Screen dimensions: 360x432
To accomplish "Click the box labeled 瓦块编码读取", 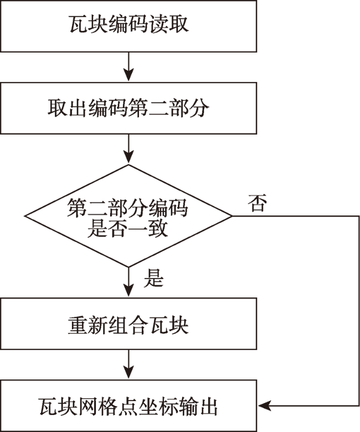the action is click(x=128, y=26).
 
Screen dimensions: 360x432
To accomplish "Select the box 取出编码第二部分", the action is click(x=128, y=108).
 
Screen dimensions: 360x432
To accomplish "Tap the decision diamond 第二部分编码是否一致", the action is click(x=128, y=216).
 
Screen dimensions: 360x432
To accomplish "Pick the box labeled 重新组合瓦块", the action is click(x=128, y=324).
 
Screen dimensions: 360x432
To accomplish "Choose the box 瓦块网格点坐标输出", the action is click(x=128, y=406).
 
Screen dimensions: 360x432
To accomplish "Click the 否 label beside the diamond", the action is click(x=257, y=203).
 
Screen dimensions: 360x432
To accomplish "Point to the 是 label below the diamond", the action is click(x=153, y=277).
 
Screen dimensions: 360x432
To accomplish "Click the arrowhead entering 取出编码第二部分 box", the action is click(x=128, y=75).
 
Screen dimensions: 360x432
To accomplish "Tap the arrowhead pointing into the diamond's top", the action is click(x=128, y=157).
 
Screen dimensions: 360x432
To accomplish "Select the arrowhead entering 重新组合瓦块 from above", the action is click(x=128, y=290).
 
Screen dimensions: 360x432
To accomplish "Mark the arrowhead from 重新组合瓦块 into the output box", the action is click(x=128, y=372).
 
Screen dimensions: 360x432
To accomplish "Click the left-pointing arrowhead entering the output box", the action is click(x=264, y=405).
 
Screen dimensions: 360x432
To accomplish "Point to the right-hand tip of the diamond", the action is click(x=232, y=216).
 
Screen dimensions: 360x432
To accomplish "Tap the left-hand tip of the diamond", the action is click(x=25, y=216).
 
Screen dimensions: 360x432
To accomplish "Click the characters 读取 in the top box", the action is click(x=169, y=24).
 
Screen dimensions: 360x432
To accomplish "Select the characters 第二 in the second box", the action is click(x=148, y=107).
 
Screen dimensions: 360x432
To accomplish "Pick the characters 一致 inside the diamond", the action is click(x=148, y=228).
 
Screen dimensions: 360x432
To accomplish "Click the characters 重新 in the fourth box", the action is click(x=88, y=325).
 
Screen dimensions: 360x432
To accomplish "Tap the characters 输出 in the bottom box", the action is click(x=198, y=407).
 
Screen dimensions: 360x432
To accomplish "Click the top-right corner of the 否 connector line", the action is click(x=359, y=216).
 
